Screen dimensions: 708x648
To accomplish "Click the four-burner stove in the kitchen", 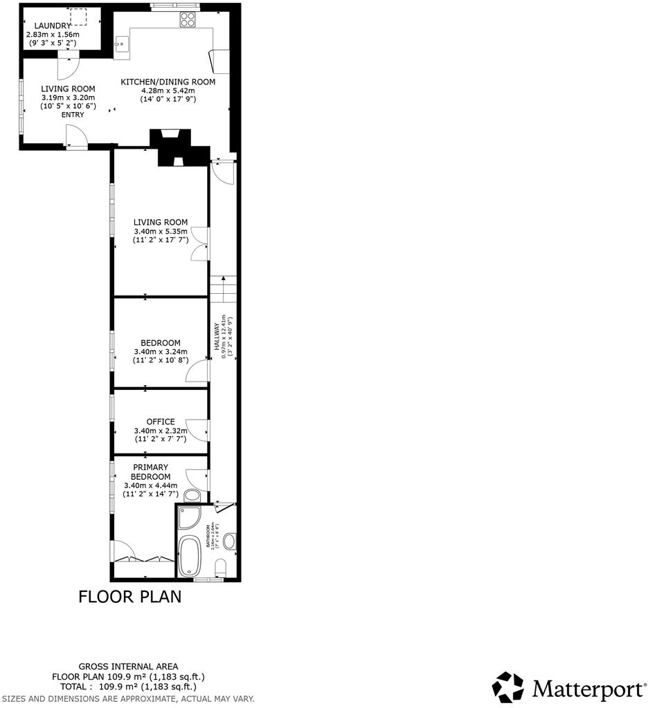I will tap(188, 20).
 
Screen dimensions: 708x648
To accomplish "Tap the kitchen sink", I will tap(122, 44).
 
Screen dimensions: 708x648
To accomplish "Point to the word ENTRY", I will tap(72, 115).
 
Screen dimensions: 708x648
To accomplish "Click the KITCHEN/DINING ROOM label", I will tap(168, 82).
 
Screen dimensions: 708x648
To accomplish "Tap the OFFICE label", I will tap(160, 422).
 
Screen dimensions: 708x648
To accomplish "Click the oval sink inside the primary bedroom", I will tap(193, 495).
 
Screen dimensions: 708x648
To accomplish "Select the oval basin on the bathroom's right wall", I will tap(229, 541).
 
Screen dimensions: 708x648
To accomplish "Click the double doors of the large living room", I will tap(199, 244).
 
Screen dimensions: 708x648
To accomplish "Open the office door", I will tap(199, 429).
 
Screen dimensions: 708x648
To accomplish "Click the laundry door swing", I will tap(69, 66).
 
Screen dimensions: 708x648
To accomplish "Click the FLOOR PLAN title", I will tap(129, 596).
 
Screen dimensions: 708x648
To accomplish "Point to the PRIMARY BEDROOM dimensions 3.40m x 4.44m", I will tap(150, 485).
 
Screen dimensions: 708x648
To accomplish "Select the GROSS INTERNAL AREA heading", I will tap(128, 667).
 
